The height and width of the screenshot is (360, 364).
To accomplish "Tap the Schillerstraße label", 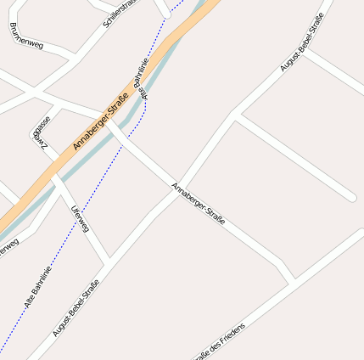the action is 118,13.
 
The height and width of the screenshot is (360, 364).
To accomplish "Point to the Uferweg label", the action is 81,218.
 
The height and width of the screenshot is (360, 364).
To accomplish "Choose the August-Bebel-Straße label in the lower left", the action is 76,307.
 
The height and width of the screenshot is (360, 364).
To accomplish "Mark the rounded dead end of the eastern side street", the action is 350,198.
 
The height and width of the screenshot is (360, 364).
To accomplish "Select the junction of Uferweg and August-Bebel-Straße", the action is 107,259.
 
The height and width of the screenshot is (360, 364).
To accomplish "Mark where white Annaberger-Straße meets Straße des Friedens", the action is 292,279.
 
